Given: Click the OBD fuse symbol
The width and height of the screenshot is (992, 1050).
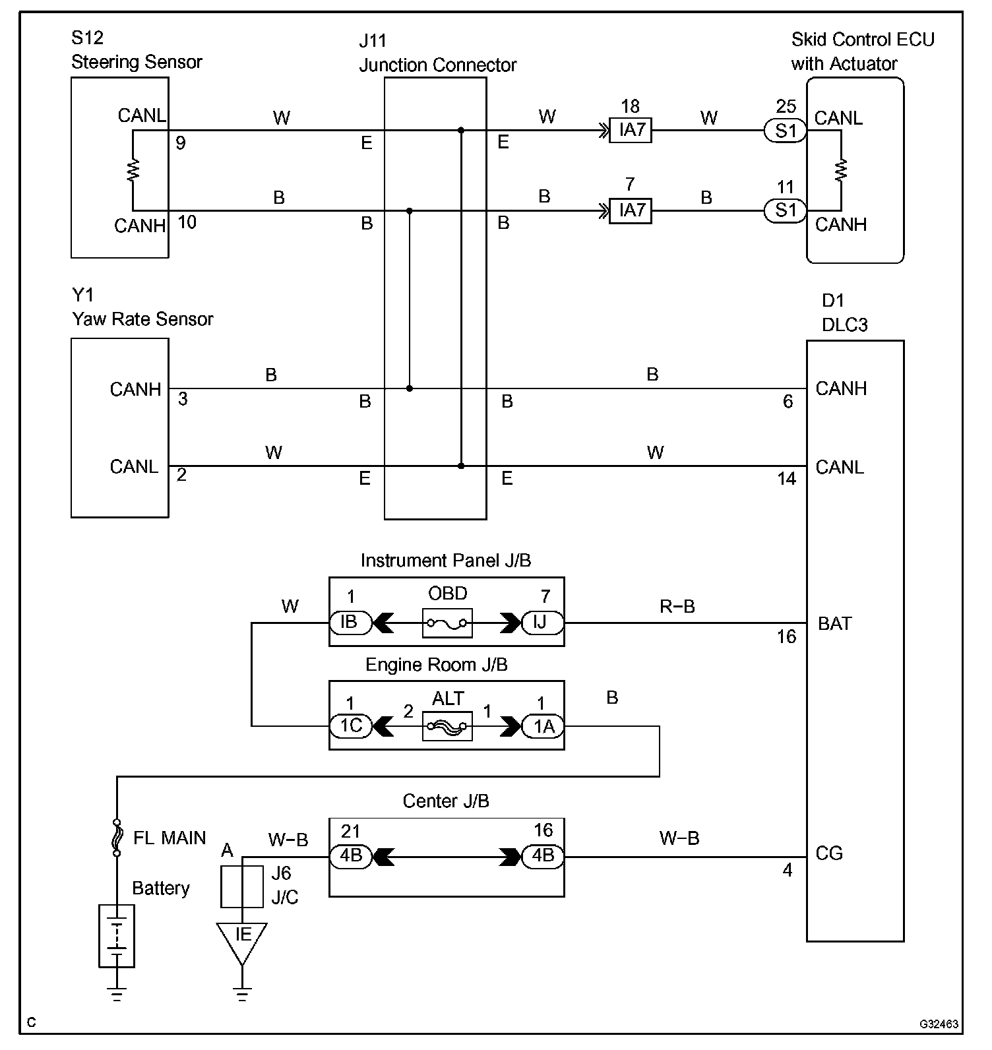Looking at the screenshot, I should click(447, 623).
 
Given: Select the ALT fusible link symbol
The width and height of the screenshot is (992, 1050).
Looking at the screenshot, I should click(447, 726).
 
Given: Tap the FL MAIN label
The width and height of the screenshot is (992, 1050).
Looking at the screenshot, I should click(170, 838).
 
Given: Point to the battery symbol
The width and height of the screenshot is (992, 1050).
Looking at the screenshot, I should click(117, 935).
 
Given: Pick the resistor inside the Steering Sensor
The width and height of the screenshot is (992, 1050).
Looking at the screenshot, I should click(133, 170).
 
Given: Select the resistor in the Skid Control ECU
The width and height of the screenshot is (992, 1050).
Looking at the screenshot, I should click(841, 170).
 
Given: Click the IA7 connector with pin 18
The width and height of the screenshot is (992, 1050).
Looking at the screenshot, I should click(631, 131).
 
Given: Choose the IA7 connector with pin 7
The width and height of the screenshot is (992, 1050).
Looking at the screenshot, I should click(631, 211).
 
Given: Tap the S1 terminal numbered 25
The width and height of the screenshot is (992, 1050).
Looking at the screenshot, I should click(785, 131).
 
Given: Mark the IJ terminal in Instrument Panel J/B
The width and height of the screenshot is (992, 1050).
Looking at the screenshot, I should click(542, 623).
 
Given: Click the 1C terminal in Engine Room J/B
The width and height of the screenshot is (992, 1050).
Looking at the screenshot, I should click(350, 726).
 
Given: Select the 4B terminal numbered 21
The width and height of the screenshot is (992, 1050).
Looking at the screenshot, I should click(350, 856).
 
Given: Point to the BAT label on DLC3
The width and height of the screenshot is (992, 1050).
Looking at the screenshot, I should click(834, 623).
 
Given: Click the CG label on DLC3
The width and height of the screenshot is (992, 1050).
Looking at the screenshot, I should click(829, 853).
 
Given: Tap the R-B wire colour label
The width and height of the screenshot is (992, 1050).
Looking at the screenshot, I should click(677, 607).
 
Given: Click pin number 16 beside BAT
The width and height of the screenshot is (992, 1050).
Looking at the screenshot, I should click(786, 636).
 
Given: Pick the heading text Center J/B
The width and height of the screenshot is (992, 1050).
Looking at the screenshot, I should click(446, 801).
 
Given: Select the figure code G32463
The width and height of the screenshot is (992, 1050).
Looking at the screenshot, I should click(939, 1024).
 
